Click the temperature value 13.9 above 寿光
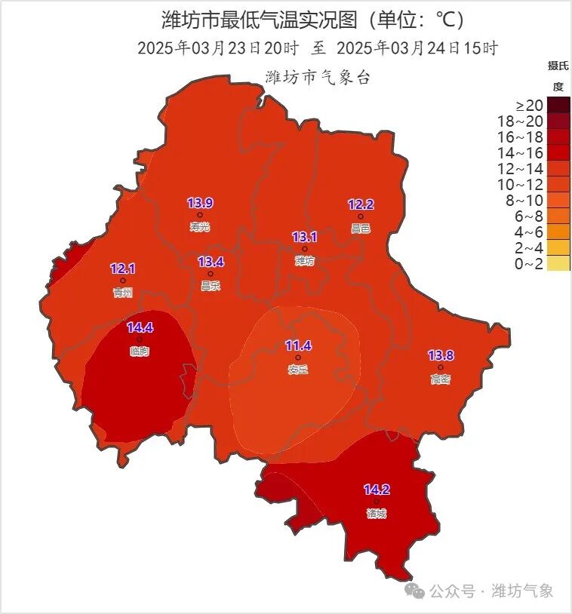point(200,203)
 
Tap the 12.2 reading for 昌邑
point(361,204)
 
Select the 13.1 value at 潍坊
point(304,237)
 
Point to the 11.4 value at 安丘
point(298,345)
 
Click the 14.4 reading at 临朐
point(140,327)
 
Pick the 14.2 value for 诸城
point(377,490)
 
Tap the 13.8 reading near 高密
point(441,355)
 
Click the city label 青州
point(122,293)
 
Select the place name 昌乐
point(211,286)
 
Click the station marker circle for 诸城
point(377,502)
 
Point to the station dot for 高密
point(441,367)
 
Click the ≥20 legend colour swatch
point(559,105)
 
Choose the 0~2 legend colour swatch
point(559,263)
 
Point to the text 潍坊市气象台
point(318,77)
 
